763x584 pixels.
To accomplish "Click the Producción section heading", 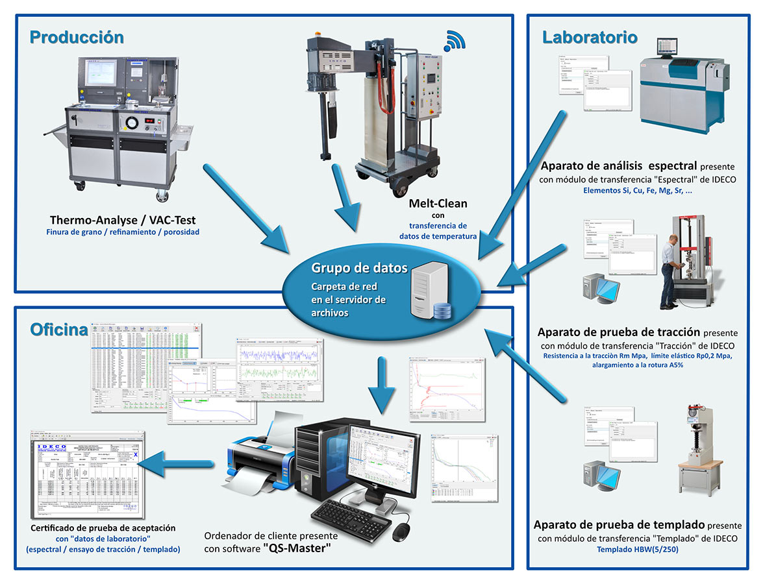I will coord(77,37).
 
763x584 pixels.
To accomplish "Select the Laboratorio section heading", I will coord(590,37).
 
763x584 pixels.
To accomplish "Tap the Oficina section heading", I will coord(59,330).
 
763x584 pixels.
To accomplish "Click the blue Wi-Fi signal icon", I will coord(455,41).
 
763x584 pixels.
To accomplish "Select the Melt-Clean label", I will coord(438,204).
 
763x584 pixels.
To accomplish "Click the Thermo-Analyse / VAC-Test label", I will coord(122,220).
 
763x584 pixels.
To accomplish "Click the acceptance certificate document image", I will coord(88,477).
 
